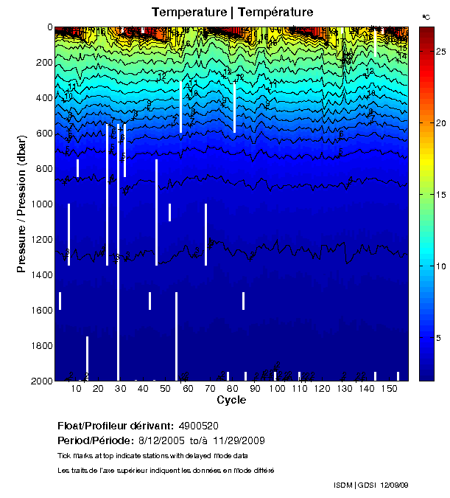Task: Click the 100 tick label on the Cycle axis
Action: click(277, 389)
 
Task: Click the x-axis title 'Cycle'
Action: click(231, 401)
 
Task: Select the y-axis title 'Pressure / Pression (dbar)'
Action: click(22, 204)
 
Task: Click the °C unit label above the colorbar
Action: click(426, 15)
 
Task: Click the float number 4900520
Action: click(198, 426)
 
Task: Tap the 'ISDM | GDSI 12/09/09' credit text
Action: click(370, 485)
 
